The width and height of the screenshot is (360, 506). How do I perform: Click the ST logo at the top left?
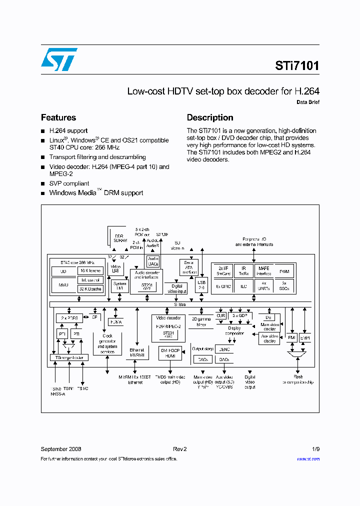click(x=59, y=60)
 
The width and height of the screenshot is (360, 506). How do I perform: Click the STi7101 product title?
click(x=297, y=65)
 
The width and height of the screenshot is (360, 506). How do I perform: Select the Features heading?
click(x=58, y=117)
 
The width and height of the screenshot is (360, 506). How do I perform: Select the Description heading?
click(x=210, y=117)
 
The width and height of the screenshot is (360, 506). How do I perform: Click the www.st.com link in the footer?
click(x=308, y=458)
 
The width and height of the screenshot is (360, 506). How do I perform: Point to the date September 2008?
click(x=61, y=449)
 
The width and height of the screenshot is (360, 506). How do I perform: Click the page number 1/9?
click(x=315, y=449)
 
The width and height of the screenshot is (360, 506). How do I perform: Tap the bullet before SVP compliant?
click(x=43, y=184)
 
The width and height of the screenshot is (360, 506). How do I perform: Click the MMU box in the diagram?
click(x=63, y=284)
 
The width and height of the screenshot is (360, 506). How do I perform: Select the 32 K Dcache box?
click(x=91, y=288)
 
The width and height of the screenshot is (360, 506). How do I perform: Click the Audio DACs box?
click(x=153, y=261)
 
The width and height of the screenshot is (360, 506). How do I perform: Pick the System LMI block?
click(x=120, y=285)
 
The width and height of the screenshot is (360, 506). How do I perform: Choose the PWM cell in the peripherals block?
click(x=285, y=271)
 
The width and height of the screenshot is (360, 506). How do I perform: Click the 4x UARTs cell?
click(x=263, y=286)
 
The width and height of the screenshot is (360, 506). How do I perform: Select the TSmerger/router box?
click(x=69, y=357)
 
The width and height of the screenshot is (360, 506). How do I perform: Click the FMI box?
click(x=292, y=338)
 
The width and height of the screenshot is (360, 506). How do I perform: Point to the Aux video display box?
click(x=270, y=338)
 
